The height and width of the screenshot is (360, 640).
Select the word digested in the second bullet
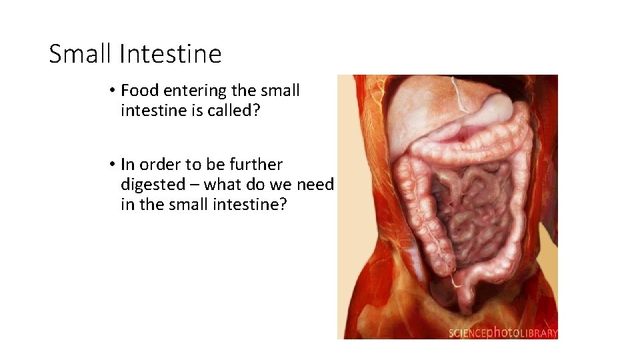(159, 185)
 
